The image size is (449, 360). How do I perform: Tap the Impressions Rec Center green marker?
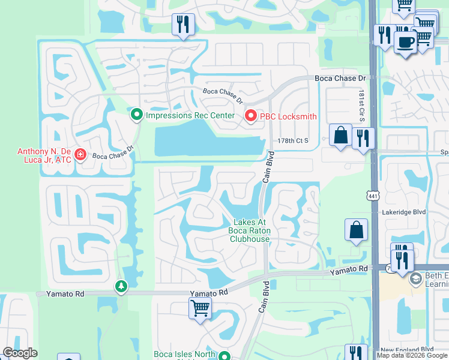coord(137,113)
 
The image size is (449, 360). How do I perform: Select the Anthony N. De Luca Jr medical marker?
coord(80,155)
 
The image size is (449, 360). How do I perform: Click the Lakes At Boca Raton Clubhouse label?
coord(250,230)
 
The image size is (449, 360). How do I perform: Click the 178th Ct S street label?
coord(292,140)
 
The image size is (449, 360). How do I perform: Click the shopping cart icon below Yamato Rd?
coord(200,308)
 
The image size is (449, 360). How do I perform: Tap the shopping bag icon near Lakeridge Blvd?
coord(355,229)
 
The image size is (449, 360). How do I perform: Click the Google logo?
coord(20,353)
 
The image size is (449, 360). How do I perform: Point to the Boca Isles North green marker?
coord(224,355)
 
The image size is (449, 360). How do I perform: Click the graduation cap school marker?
coord(415,280)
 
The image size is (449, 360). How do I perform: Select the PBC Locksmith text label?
coord(288,116)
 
